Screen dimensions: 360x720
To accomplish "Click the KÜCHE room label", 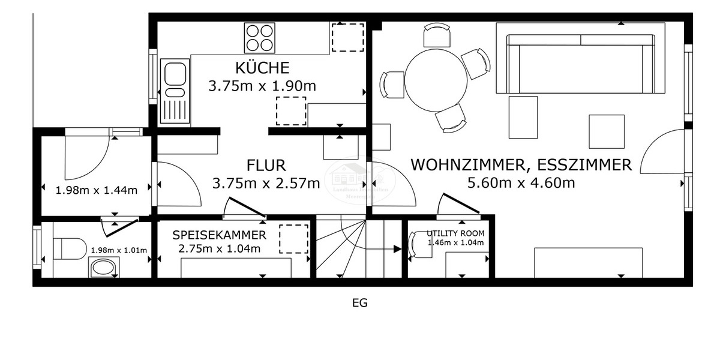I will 262,67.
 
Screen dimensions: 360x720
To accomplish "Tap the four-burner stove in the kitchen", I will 259,38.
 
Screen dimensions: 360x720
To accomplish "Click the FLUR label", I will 266,165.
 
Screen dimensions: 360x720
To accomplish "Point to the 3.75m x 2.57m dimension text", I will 266,183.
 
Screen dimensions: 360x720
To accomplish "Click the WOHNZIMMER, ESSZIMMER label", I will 521,164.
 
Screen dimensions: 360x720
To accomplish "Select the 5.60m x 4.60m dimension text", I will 521,182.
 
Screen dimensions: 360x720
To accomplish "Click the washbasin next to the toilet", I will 104,268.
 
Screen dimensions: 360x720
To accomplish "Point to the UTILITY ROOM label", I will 455,233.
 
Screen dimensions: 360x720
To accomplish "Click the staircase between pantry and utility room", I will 358,248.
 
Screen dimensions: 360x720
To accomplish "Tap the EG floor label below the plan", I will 359,303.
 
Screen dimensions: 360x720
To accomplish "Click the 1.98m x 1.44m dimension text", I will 96,190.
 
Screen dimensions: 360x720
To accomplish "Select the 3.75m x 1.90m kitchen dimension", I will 262,86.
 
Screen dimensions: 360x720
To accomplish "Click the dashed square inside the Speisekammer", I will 293,238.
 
